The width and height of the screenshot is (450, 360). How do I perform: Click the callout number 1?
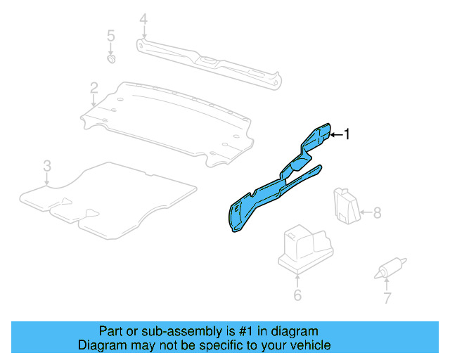click(x=346, y=134)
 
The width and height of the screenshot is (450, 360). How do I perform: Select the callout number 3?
click(x=46, y=166)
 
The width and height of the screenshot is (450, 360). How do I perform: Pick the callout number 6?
click(x=297, y=295)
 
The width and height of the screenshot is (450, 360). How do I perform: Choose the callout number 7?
click(x=387, y=298)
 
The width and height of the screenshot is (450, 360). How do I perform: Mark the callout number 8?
click(x=377, y=212)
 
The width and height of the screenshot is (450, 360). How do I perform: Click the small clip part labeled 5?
click(x=111, y=60)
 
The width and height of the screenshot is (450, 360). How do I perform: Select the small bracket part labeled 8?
click(x=345, y=206)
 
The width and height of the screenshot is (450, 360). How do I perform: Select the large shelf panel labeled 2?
click(x=169, y=120)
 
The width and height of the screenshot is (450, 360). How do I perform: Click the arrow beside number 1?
click(x=335, y=134)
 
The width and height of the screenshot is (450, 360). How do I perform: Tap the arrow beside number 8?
click(x=366, y=212)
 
